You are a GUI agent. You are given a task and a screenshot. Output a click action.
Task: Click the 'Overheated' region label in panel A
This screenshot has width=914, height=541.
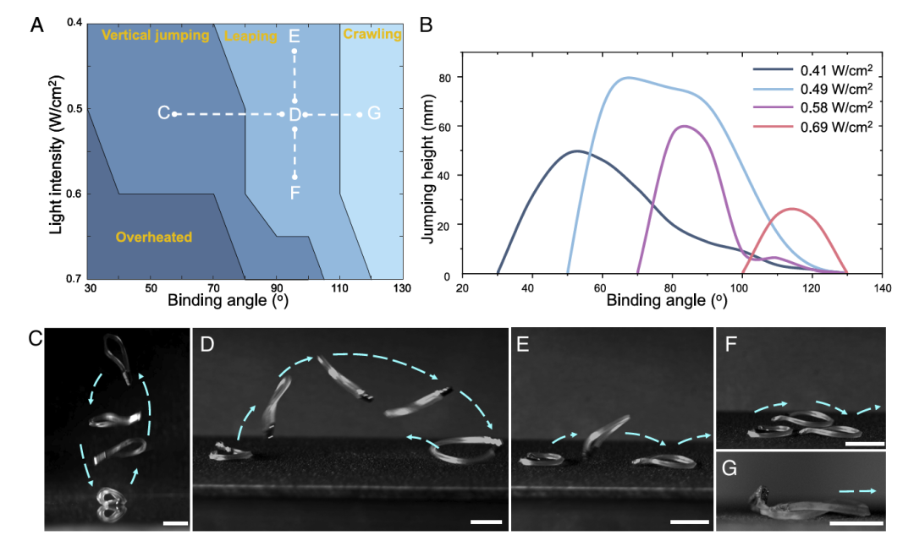(154, 237)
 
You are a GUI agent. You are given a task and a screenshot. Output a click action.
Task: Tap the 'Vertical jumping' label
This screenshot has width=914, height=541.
(155, 35)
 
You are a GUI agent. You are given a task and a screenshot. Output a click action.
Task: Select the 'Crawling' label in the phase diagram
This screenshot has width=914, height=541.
(372, 34)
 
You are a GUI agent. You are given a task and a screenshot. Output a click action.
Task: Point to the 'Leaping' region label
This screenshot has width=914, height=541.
(251, 36)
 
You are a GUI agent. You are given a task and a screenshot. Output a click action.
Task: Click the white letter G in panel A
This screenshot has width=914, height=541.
(374, 113)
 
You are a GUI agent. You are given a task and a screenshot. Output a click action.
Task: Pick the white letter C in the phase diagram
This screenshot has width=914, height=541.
(164, 113)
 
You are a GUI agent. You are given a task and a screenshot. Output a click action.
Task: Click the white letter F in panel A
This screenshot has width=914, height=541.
(295, 192)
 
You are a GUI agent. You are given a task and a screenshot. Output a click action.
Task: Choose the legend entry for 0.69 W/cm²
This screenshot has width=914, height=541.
(812, 126)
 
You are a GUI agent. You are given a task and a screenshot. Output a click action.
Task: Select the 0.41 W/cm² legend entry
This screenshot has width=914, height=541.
(812, 70)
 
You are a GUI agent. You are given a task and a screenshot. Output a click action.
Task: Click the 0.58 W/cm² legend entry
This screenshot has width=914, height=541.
(812, 107)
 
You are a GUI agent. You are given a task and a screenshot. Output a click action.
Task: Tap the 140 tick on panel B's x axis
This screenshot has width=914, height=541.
(883, 288)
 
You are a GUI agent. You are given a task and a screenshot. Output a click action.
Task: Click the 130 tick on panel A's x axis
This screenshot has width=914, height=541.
(402, 287)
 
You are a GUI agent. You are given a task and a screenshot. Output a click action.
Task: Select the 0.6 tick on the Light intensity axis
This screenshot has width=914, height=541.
(75, 194)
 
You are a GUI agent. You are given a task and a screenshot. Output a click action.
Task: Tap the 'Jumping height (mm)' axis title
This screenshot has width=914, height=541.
(428, 168)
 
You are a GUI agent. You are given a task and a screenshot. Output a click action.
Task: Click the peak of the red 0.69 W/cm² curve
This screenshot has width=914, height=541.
(792, 209)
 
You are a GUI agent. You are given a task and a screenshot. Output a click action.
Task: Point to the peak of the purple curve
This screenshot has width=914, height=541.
(684, 126)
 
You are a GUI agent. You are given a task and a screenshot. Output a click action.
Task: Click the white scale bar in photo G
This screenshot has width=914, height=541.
(856, 523)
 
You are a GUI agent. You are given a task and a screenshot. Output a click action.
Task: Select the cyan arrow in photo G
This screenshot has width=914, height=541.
(857, 491)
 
